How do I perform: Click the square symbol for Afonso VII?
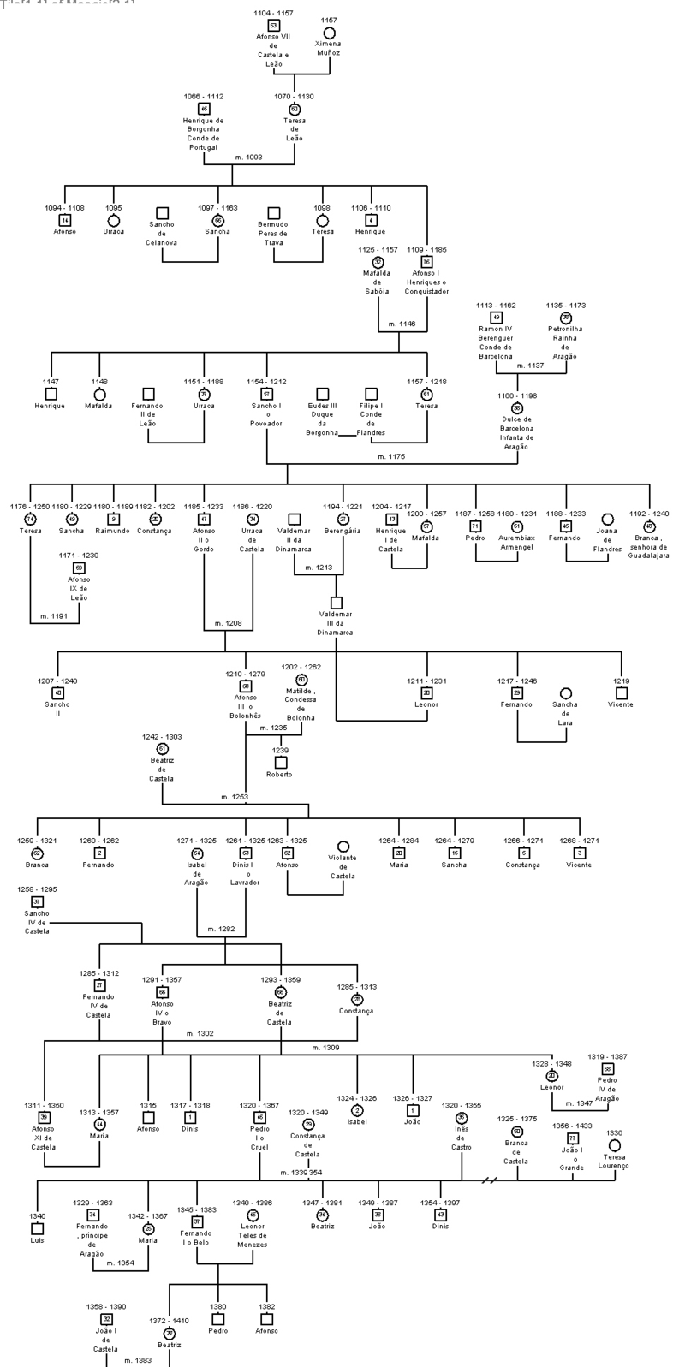pyautogui.click(x=274, y=27)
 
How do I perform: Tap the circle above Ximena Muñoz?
pyautogui.click(x=329, y=33)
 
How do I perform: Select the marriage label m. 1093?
pyautogui.click(x=248, y=158)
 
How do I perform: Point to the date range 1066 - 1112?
pyautogui.click(x=204, y=97)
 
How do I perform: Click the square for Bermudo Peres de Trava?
pyautogui.click(x=274, y=213)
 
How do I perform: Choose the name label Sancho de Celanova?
pyautogui.click(x=162, y=233)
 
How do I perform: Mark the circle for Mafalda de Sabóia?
pyautogui.click(x=378, y=262)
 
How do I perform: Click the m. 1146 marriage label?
pyautogui.click(x=402, y=324)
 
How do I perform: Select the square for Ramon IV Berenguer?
pyautogui.click(x=496, y=318)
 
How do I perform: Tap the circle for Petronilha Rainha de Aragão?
pyautogui.click(x=565, y=318)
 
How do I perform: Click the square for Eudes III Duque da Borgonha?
pyautogui.click(x=323, y=395)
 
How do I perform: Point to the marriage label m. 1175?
pyautogui.click(x=391, y=457)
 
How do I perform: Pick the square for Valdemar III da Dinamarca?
pyautogui.click(x=337, y=603)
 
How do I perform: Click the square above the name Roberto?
pyautogui.click(x=280, y=762)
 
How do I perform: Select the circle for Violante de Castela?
pyautogui.click(x=343, y=847)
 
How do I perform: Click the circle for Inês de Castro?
pyautogui.click(x=462, y=1117)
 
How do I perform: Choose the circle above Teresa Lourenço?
pyautogui.click(x=614, y=1145)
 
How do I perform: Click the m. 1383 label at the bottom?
pyautogui.click(x=138, y=1359)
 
